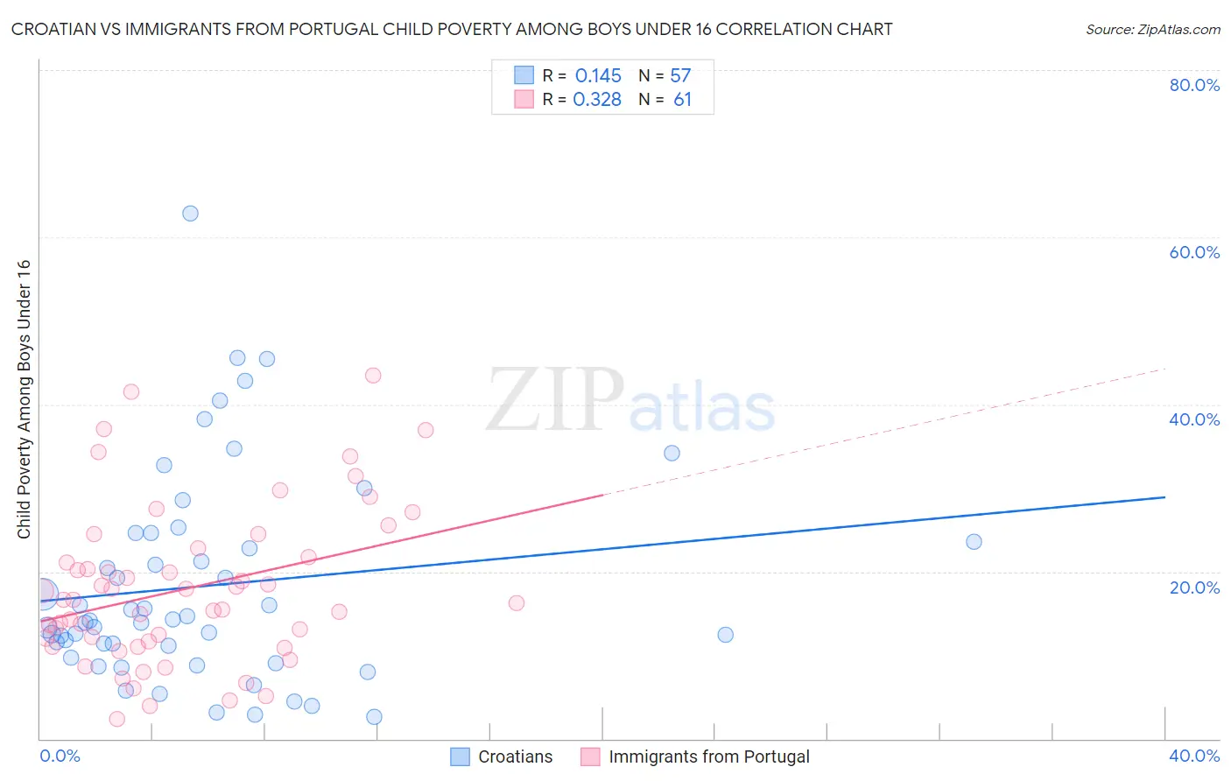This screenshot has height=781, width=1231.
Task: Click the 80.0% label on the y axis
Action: click(x=1194, y=85)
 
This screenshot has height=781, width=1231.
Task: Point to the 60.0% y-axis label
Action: click(x=1194, y=252)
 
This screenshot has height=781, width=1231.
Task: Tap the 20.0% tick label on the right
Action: click(x=1194, y=588)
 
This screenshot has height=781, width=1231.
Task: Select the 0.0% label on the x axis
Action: click(x=60, y=756)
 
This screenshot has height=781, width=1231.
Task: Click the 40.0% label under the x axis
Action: click(x=1194, y=756)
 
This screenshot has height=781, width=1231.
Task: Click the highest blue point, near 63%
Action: click(x=190, y=214)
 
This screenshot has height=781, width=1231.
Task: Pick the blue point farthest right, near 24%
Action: click(x=974, y=542)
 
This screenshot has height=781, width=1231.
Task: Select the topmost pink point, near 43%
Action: click(x=373, y=376)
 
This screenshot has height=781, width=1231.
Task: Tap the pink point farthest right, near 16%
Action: click(x=517, y=603)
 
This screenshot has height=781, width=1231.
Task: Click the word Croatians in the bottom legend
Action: click(x=515, y=756)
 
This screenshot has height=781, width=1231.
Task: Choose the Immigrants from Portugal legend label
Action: click(x=708, y=756)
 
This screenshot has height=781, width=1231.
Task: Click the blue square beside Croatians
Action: click(x=460, y=756)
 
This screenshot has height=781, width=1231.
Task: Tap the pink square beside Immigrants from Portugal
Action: click(x=590, y=756)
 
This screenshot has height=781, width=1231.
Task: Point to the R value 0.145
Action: click(x=598, y=76)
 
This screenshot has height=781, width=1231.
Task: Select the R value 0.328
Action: click(x=597, y=100)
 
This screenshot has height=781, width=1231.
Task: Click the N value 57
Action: click(x=680, y=76)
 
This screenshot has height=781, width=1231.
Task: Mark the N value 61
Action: click(x=682, y=100)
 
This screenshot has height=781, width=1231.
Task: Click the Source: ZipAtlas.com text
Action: click(x=1152, y=30)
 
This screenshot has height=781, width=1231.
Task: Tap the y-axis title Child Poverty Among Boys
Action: click(x=25, y=399)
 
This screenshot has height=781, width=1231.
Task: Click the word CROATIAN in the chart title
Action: click(x=53, y=30)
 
